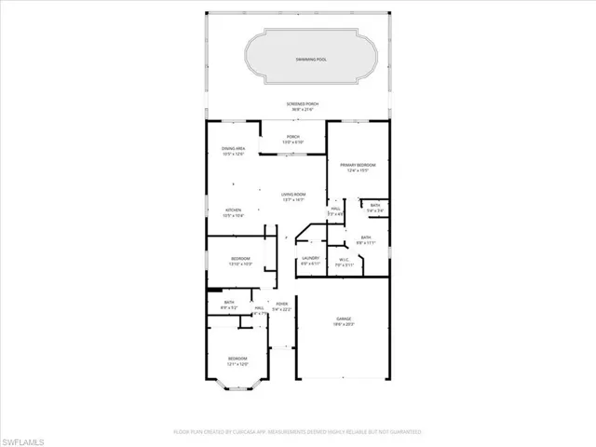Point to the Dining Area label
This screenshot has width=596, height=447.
click(x=233, y=148)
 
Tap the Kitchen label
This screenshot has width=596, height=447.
click(x=233, y=210)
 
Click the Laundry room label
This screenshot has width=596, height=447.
click(x=310, y=258)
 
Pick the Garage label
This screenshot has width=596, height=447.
click(x=345, y=318)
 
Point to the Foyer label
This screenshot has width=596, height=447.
click(x=281, y=303)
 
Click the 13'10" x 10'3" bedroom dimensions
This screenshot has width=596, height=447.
click(x=241, y=264)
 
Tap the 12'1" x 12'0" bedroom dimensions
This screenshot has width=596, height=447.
click(x=238, y=363)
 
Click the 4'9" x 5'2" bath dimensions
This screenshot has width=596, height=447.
click(x=228, y=306)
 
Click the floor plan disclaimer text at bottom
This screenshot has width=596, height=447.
click(x=298, y=432)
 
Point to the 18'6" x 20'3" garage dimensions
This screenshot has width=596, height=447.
click(x=345, y=324)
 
